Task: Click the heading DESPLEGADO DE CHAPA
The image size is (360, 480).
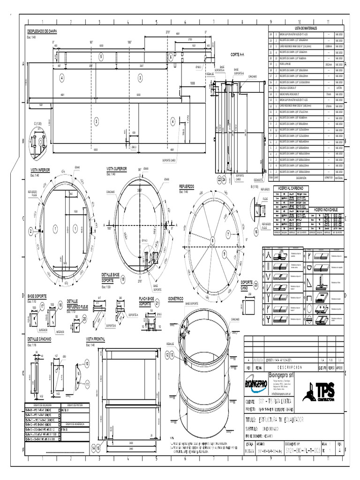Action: pyautogui.click(x=45, y=30)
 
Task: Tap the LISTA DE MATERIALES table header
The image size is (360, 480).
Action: pyautogui.click(x=306, y=28)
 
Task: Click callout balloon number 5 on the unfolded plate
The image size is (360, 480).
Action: pyautogui.click(x=100, y=56)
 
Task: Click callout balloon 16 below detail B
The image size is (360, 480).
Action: pyautogui.click(x=256, y=231)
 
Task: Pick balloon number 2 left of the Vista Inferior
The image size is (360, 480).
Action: pyautogui.click(x=31, y=231)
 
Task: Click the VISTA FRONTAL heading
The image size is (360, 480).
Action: pyautogui.click(x=96, y=338)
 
